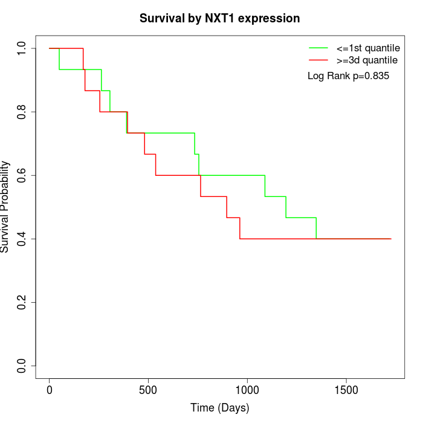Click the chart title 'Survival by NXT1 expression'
click(219, 18)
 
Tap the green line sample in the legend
click(318, 47)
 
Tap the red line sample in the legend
click(318, 60)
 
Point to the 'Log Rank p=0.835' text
click(349, 76)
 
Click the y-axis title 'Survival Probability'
click(5, 207)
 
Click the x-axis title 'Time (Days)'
click(219, 408)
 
